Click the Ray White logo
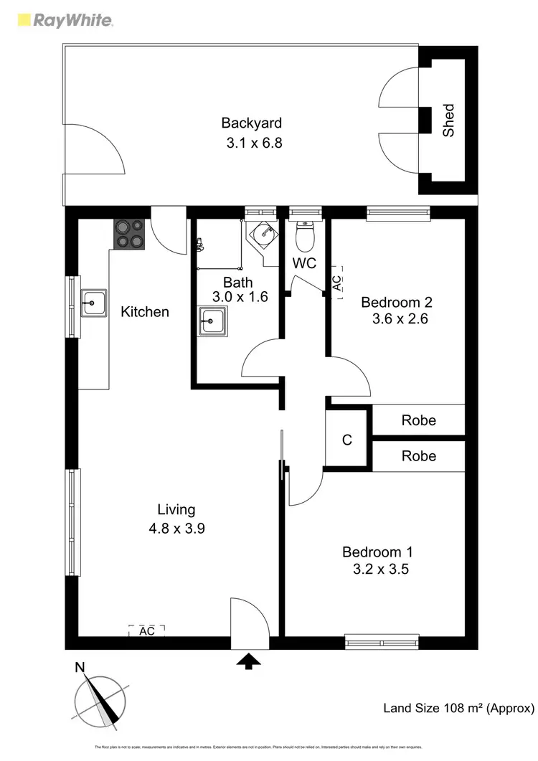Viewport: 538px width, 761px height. coord(64,20)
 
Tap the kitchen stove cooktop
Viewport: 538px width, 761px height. coord(130,234)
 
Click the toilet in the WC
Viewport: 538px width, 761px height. coord(305,234)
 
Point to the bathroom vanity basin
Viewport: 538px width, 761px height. coord(214,321)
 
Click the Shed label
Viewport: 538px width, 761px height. coord(448,120)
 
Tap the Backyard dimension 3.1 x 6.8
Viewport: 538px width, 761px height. coord(255,143)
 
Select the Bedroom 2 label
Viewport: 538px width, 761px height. coord(397,301)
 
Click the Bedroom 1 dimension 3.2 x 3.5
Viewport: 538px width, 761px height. coord(378,570)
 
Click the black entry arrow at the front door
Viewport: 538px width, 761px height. coord(249,661)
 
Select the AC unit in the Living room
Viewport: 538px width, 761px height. coord(147,631)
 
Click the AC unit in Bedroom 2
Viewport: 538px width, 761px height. coord(337,282)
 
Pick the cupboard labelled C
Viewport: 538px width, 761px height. coord(347,440)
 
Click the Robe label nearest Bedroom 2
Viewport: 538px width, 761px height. coord(418,420)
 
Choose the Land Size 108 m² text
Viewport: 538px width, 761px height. coord(459,709)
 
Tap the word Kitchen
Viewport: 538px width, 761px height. coord(145,312)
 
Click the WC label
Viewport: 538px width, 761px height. coord(305,263)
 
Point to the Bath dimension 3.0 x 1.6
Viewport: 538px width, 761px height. coord(240,296)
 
